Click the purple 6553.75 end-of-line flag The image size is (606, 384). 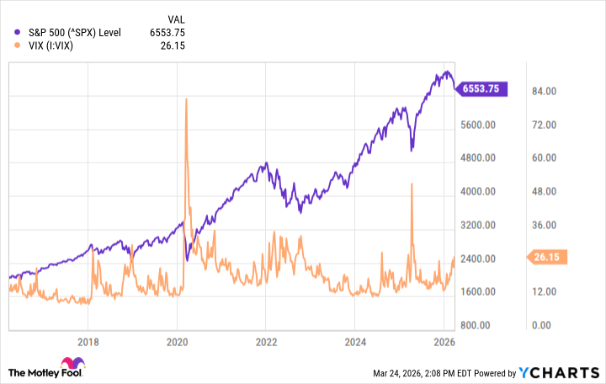click(x=483, y=88)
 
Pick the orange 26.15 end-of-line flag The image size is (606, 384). click(x=545, y=257)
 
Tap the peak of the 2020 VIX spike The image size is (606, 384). click(x=185, y=99)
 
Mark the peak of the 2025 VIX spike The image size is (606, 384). click(x=411, y=184)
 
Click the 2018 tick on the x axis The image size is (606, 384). click(x=88, y=343)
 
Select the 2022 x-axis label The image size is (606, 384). click(x=265, y=343)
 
